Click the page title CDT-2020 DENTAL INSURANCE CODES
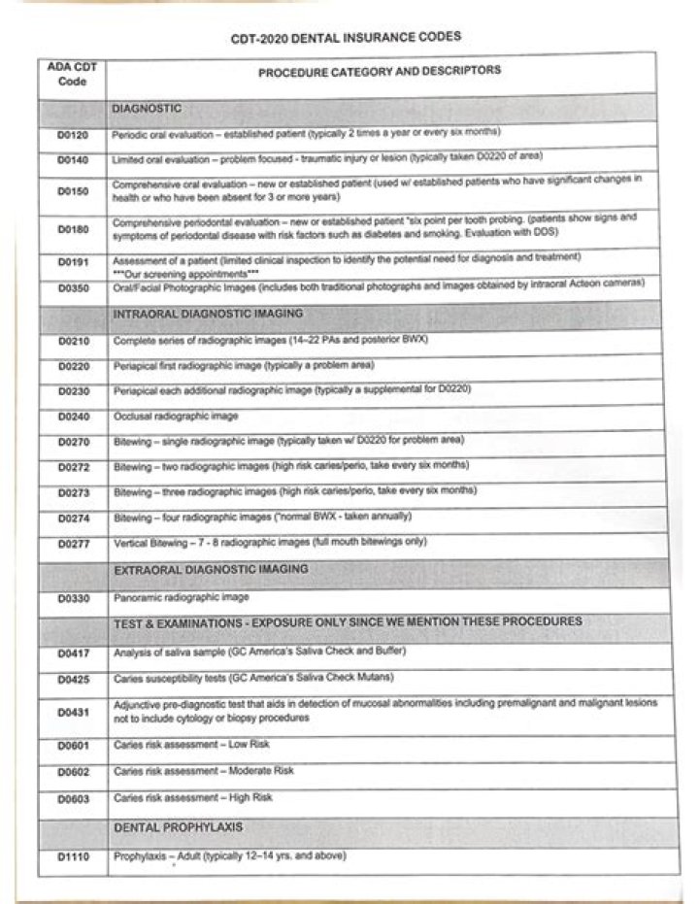point(346,37)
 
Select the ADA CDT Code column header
point(73,75)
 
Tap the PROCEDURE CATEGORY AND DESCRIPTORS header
point(380,71)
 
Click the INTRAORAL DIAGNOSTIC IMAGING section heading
point(208,314)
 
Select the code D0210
point(73,342)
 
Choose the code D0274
point(74,518)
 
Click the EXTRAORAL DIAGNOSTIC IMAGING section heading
point(211,568)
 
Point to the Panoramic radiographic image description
point(182,597)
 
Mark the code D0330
point(74,598)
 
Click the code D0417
point(74,653)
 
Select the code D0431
point(74,712)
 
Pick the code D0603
point(74,798)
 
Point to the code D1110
point(74,857)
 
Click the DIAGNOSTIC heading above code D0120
point(147,108)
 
